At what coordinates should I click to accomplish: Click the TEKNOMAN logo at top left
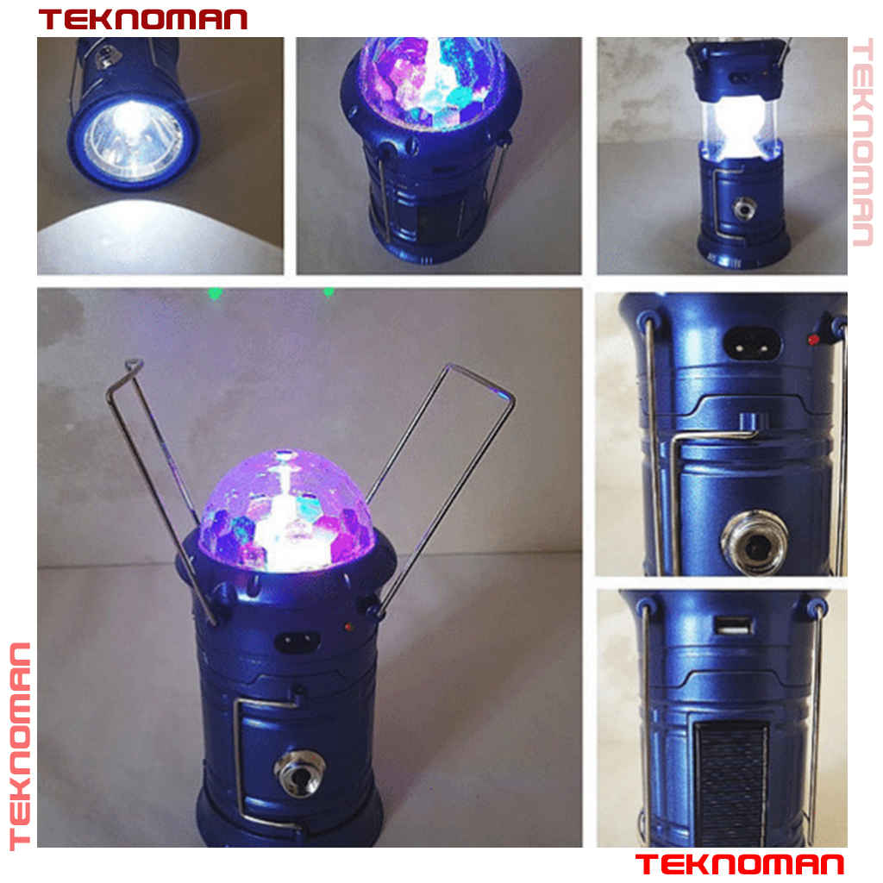pyautogui.click(x=143, y=19)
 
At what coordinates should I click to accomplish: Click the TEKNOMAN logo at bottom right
pyautogui.click(x=740, y=864)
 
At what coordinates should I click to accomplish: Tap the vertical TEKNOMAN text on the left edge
pyautogui.click(x=21, y=746)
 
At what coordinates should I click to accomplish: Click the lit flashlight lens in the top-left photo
pyautogui.click(x=133, y=141)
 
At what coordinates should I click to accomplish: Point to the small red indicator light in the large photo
pyautogui.click(x=348, y=627)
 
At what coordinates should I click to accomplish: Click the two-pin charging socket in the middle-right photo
pyautogui.click(x=752, y=341)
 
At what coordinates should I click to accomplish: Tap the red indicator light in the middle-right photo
pyautogui.click(x=812, y=340)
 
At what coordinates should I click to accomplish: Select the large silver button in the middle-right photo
pyautogui.click(x=755, y=543)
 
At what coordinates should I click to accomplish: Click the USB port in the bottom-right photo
pyautogui.click(x=733, y=626)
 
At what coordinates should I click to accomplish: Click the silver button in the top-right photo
pyautogui.click(x=744, y=210)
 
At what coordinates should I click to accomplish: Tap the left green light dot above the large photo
pyautogui.click(x=215, y=293)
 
